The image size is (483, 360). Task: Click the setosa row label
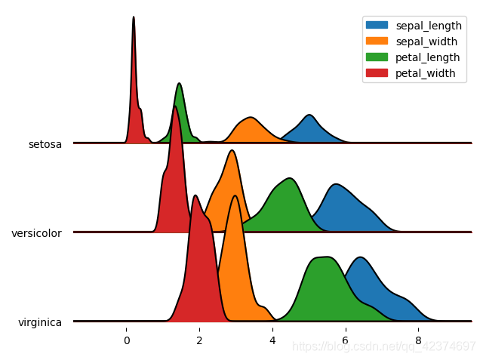pos(45,143)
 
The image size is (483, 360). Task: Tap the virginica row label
pos(40,322)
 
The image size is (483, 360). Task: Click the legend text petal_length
pos(426,57)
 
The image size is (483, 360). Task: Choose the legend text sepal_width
pos(425,41)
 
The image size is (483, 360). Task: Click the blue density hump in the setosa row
pos(309,131)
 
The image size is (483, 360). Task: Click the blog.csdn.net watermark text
pos(383,346)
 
